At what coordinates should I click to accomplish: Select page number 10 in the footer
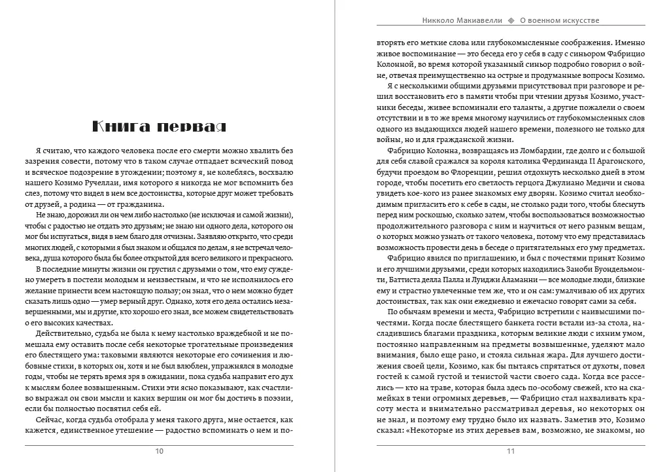coord(160,451)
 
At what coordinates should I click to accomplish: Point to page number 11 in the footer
coord(511,451)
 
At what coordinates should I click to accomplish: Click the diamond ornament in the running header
coord(511,20)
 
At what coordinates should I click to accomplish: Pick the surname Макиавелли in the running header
coord(473,20)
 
